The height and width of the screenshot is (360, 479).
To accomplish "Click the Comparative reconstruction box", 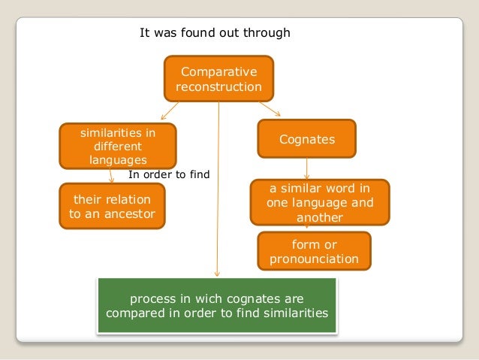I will pos(218,80).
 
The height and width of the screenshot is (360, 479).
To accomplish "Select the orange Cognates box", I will pos(306,140).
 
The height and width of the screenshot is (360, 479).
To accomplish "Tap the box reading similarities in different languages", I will pos(118,146).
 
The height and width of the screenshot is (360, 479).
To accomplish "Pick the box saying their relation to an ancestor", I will pos(112,207).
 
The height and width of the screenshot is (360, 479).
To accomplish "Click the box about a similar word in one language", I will pos(319,201).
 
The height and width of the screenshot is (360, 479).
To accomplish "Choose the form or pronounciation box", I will pos(314,252).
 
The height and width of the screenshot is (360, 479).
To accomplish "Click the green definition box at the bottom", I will pos(218,305).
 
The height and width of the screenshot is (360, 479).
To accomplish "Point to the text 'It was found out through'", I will pos(215,33).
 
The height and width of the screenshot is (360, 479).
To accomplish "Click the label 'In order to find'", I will pos(169,174).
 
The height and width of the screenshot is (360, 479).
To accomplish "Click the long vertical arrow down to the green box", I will pos(218,188).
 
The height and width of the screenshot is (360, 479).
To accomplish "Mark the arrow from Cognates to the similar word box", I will pos(306,167).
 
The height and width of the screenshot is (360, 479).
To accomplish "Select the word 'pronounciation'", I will pos(314,259).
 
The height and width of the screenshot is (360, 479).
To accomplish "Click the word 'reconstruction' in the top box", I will pos(218,87).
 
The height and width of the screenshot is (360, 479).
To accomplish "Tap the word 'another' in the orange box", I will pos(319,216).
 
